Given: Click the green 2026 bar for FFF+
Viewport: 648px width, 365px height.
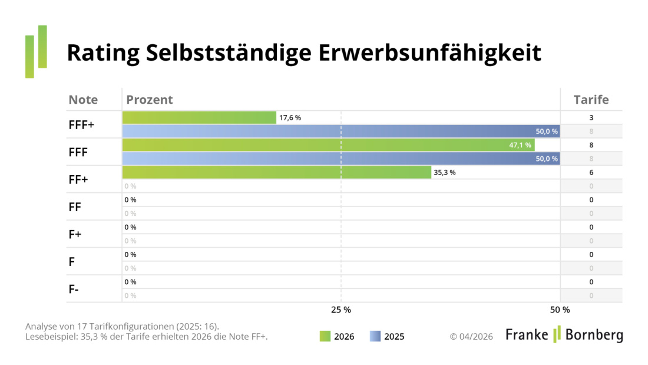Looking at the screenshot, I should pos(199,117).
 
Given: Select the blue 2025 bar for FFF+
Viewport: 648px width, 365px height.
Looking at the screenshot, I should pos(340,131).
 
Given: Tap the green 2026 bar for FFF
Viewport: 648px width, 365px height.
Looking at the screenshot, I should pos(328,145).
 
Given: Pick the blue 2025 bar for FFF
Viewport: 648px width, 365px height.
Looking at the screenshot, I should pos(340,159).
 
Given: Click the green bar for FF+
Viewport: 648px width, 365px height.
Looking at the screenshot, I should pos(277,172).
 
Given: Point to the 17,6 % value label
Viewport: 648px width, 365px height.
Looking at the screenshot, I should pos(290,118).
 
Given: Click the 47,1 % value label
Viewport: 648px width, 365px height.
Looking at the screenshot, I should pos(520,145).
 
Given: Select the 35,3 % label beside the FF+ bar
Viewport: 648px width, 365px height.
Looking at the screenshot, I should pos(445,173).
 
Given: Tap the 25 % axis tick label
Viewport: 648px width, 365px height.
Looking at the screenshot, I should pos(340,310).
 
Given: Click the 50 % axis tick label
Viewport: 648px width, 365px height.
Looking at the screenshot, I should pos(560,310).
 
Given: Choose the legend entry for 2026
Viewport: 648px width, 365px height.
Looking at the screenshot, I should pos(337,337).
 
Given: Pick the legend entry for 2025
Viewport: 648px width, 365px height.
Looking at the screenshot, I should pos(387,337).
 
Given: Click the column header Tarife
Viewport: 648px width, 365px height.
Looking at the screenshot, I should pos(591,100).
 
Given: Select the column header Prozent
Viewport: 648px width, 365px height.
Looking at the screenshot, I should pos(150,100).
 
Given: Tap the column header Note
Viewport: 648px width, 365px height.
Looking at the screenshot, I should pos(83,100).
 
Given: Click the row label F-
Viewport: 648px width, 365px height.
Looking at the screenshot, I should pos(74,289).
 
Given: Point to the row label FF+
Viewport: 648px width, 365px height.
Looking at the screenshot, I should pos(78,179).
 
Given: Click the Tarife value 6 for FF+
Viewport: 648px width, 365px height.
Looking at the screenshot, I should pos(591,173).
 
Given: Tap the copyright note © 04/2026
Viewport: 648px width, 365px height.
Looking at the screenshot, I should pos(471,337).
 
